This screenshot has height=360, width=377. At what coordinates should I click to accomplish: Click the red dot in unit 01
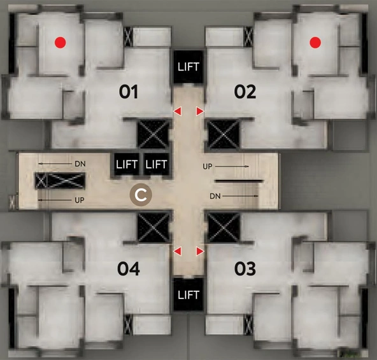[60, 43]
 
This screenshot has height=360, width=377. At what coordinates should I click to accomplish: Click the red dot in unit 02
[315, 43]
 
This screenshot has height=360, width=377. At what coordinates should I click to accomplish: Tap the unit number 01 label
[129, 92]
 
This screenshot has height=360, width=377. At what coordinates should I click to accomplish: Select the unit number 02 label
[245, 92]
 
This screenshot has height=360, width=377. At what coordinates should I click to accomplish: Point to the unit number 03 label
[245, 269]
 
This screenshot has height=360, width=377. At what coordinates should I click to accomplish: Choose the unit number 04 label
[129, 269]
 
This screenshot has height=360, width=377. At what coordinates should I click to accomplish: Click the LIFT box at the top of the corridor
[188, 67]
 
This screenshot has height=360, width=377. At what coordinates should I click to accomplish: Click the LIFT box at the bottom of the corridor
[188, 294]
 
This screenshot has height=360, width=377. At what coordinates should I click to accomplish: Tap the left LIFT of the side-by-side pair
[127, 164]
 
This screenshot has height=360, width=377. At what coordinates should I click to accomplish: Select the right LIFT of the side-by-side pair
[156, 164]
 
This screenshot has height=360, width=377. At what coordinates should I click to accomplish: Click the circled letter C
[141, 195]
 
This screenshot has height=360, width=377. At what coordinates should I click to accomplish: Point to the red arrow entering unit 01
[178, 111]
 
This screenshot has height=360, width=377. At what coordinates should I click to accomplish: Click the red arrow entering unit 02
[200, 111]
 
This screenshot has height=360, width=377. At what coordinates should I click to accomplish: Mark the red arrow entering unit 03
[200, 251]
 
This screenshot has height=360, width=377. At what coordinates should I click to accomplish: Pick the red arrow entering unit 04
[178, 251]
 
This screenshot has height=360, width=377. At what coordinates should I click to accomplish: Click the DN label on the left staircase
[80, 164]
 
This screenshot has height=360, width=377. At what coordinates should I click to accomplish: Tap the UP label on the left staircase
[80, 200]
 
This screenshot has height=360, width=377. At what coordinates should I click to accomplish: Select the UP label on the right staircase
[208, 166]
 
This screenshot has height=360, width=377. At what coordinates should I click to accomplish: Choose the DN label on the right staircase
[215, 196]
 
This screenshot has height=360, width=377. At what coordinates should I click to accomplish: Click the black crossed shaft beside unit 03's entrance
[224, 227]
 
